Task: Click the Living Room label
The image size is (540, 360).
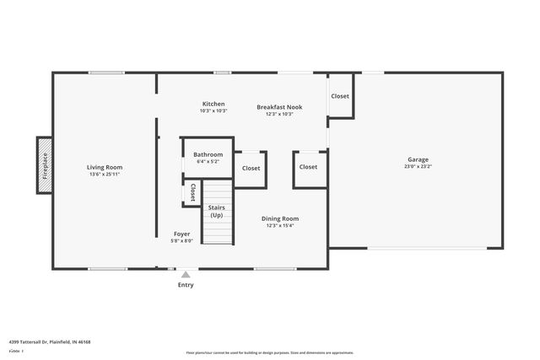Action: pyautogui.click(x=105, y=167)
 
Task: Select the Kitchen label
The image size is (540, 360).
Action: pyautogui.click(x=213, y=105)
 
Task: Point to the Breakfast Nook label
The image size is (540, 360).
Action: pyautogui.click(x=279, y=107)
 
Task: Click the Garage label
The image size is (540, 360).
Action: pyautogui.click(x=418, y=159)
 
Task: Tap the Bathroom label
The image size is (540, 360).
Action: pyautogui.click(x=208, y=154)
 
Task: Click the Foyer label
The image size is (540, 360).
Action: pyautogui.click(x=182, y=234)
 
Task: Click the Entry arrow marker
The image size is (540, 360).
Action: pyautogui.click(x=186, y=274)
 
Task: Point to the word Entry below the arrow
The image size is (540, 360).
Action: pyautogui.click(x=186, y=285)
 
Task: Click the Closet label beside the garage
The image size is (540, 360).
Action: pyautogui.click(x=339, y=96)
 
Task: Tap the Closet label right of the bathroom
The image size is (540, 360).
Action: pyautogui.click(x=251, y=168)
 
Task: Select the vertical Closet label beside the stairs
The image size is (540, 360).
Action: pyautogui.click(x=192, y=192)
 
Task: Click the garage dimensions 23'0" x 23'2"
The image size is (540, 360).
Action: pyautogui.click(x=418, y=167)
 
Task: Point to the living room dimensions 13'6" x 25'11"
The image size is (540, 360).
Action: pyautogui.click(x=105, y=175)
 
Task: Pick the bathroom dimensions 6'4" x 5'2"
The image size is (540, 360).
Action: pyautogui.click(x=208, y=162)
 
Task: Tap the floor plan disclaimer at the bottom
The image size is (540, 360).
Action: pyautogui.click(x=269, y=352)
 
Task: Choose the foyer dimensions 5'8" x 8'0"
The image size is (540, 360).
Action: pyautogui.click(x=182, y=241)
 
